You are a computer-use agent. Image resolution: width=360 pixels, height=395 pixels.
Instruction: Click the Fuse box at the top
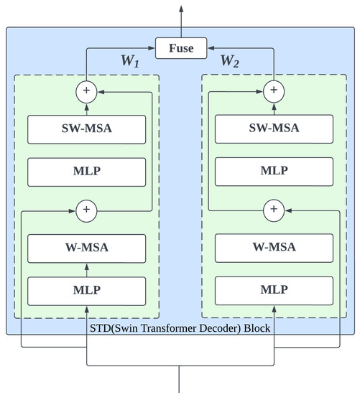click(180, 49)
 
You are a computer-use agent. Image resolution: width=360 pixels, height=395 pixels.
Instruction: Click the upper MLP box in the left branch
click(86, 172)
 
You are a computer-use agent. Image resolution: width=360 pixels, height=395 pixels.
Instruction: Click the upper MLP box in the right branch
click(273, 172)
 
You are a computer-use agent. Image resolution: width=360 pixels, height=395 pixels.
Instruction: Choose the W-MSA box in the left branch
click(86, 248)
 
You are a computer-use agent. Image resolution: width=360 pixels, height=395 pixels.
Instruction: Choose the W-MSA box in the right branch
click(273, 248)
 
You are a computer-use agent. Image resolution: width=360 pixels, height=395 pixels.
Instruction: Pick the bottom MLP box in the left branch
click(86, 292)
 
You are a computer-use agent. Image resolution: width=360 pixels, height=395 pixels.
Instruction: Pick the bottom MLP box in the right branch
click(273, 292)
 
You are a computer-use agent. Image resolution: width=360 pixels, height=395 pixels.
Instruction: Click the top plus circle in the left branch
click(86, 91)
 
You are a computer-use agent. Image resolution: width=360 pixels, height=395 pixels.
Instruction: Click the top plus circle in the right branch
click(273, 91)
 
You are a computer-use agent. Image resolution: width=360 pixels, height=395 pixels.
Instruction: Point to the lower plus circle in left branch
click(86, 210)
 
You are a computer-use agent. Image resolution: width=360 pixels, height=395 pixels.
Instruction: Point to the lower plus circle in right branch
click(273, 210)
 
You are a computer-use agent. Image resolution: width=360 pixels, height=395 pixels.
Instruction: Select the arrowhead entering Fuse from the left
click(152, 49)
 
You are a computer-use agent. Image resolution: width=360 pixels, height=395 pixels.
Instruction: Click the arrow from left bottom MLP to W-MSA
click(86, 270)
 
